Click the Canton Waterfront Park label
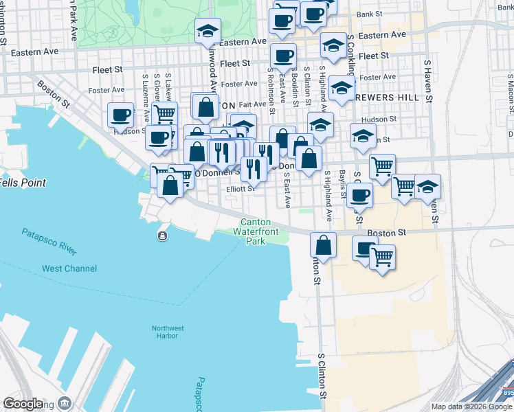pos(255,232)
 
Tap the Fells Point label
pos(23,183)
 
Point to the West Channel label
pos(69,268)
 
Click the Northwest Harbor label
pos(168,332)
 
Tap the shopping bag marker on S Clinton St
pos(323,244)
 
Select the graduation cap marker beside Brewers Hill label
pos(342,87)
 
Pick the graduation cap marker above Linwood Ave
pos(208,30)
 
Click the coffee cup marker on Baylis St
pos(359,195)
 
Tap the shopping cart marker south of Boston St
pos(382,257)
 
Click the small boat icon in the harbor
pos(162,237)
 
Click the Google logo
pos(23,404)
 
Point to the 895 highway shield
pos(506,393)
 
